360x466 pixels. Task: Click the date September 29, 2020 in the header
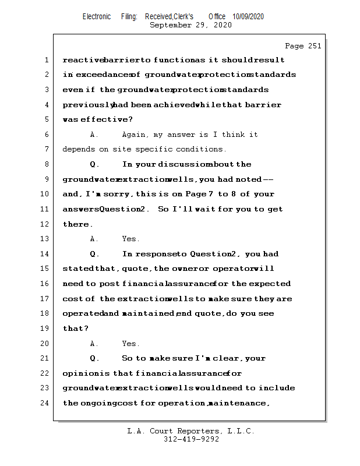tap(190, 25)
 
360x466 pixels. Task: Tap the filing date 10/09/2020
tap(248, 16)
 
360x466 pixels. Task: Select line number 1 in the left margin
tap(46, 60)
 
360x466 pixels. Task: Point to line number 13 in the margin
tap(44, 239)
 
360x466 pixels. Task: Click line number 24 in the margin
tap(44, 403)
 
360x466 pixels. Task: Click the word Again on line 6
tap(135, 135)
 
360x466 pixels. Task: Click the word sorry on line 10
tap(121, 194)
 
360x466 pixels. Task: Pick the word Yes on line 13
tap(130, 239)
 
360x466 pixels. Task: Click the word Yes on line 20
tap(130, 344)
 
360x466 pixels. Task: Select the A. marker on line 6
tap(95, 135)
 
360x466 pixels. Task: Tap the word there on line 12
tap(77, 224)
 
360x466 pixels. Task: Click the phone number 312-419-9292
tap(190, 440)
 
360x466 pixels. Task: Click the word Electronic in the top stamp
tap(97, 16)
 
